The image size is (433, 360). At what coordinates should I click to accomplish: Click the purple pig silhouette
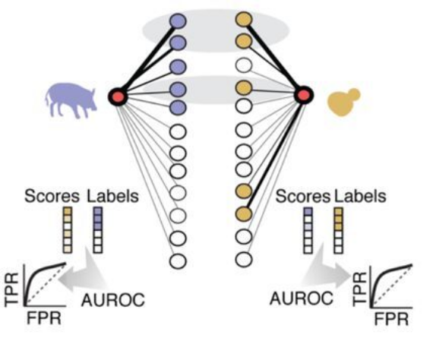(71, 100)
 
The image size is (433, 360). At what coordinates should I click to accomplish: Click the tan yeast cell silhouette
(343, 102)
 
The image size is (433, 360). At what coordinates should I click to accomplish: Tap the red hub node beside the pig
(119, 96)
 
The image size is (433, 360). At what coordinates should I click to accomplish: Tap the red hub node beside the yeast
(304, 95)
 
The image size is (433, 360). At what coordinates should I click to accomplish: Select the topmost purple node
(178, 21)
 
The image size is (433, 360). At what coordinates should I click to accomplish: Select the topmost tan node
(244, 19)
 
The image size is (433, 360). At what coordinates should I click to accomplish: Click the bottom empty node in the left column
(178, 261)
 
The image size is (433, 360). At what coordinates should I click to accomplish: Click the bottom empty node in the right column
(244, 259)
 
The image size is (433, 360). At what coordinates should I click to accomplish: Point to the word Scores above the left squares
(52, 196)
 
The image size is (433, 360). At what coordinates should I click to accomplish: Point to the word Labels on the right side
(360, 196)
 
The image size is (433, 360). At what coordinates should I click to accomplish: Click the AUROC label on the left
(113, 300)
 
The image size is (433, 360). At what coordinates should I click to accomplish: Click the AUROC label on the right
(302, 298)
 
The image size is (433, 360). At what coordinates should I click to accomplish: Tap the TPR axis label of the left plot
(12, 289)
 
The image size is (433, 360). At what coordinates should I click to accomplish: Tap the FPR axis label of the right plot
(391, 320)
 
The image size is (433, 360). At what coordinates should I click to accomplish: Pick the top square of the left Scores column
(68, 212)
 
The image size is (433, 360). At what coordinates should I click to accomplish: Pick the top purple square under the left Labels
(98, 212)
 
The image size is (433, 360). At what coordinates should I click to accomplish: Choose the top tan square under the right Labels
(339, 212)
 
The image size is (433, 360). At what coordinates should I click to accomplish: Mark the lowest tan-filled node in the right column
(244, 213)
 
